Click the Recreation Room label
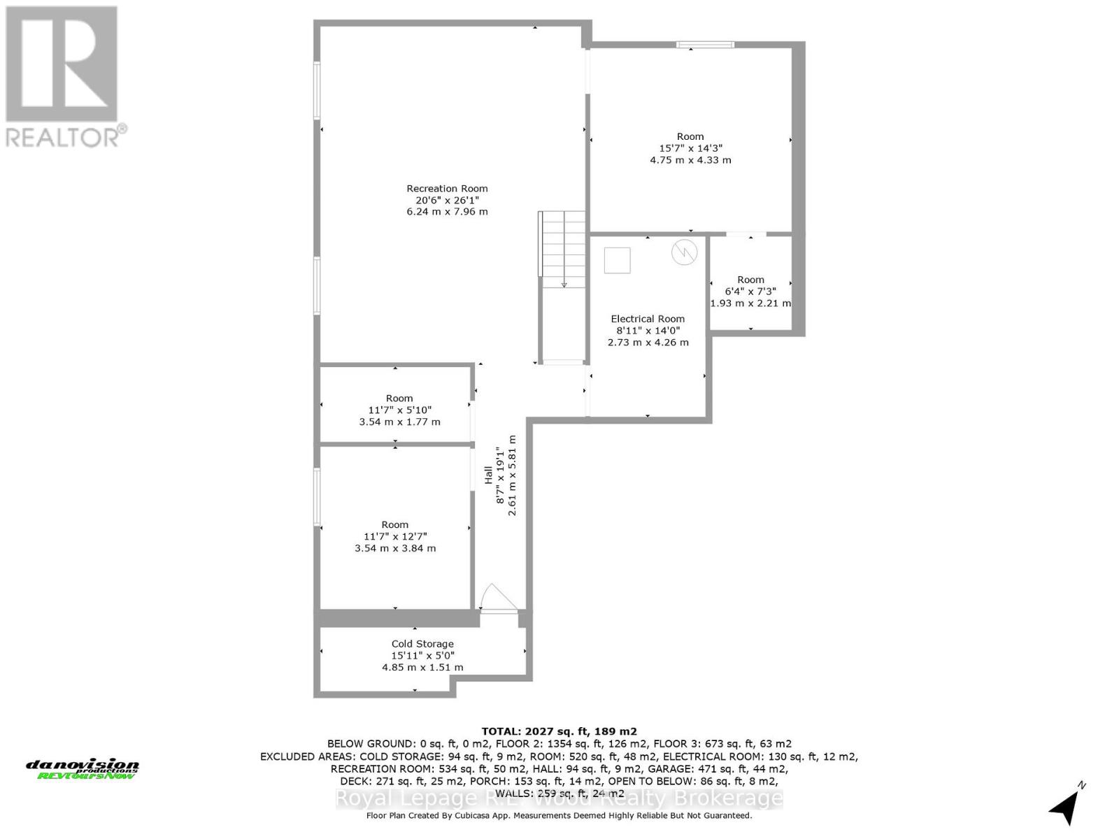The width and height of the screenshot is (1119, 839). tap(447, 188)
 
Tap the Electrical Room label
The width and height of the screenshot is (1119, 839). tap(648, 319)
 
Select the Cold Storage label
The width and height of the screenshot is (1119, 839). tap(422, 644)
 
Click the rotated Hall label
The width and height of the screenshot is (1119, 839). tap(488, 475)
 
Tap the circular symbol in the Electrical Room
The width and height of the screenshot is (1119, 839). tap(684, 252)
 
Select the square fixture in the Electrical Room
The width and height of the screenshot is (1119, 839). tap(618, 260)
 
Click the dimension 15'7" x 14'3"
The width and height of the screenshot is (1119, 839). tap(690, 148)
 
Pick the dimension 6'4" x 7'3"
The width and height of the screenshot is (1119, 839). tap(750, 292)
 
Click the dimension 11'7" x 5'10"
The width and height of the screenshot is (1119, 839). tap(399, 410)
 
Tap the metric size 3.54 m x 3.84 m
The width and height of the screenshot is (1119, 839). tap(395, 548)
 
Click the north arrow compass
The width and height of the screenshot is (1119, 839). tap(1065, 805)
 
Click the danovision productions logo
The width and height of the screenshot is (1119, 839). tap(83, 769)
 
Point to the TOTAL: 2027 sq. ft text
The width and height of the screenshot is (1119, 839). tap(559, 731)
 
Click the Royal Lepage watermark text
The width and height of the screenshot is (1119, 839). tap(559, 798)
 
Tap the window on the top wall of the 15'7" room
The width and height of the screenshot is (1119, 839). tap(705, 45)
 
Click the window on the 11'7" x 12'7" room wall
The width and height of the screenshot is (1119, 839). tap(317, 496)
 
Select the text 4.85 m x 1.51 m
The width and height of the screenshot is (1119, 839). tap(422, 667)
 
